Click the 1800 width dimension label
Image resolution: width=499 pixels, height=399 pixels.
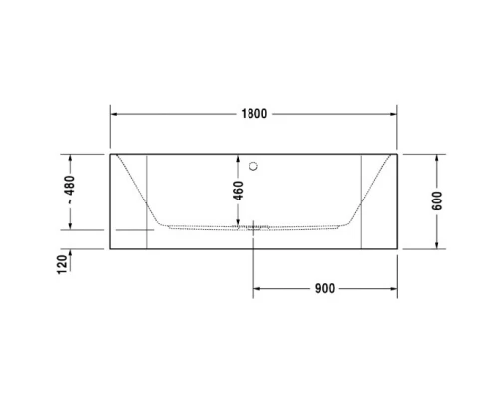(254, 114)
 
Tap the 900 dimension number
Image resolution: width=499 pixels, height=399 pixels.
(324, 289)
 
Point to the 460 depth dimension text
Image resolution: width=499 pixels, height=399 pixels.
(238, 191)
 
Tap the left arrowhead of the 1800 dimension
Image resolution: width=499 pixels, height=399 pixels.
(113, 114)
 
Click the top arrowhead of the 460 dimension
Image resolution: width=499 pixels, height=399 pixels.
(238, 158)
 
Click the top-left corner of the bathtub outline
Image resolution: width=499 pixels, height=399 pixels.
(110, 155)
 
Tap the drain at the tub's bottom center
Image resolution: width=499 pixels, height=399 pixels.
(254, 227)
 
